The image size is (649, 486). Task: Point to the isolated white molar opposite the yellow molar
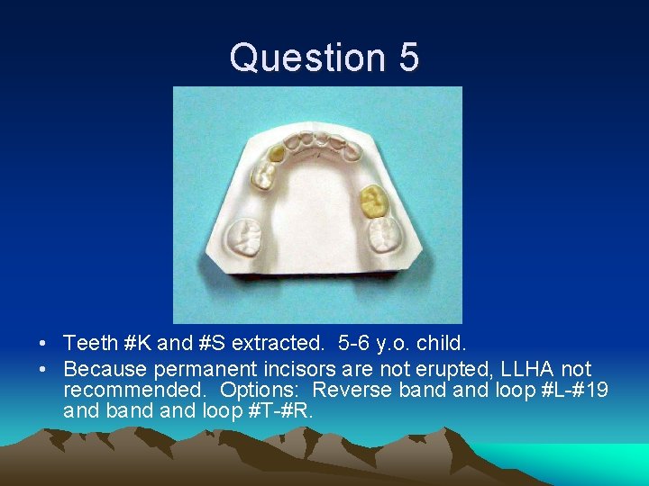(246, 238)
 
